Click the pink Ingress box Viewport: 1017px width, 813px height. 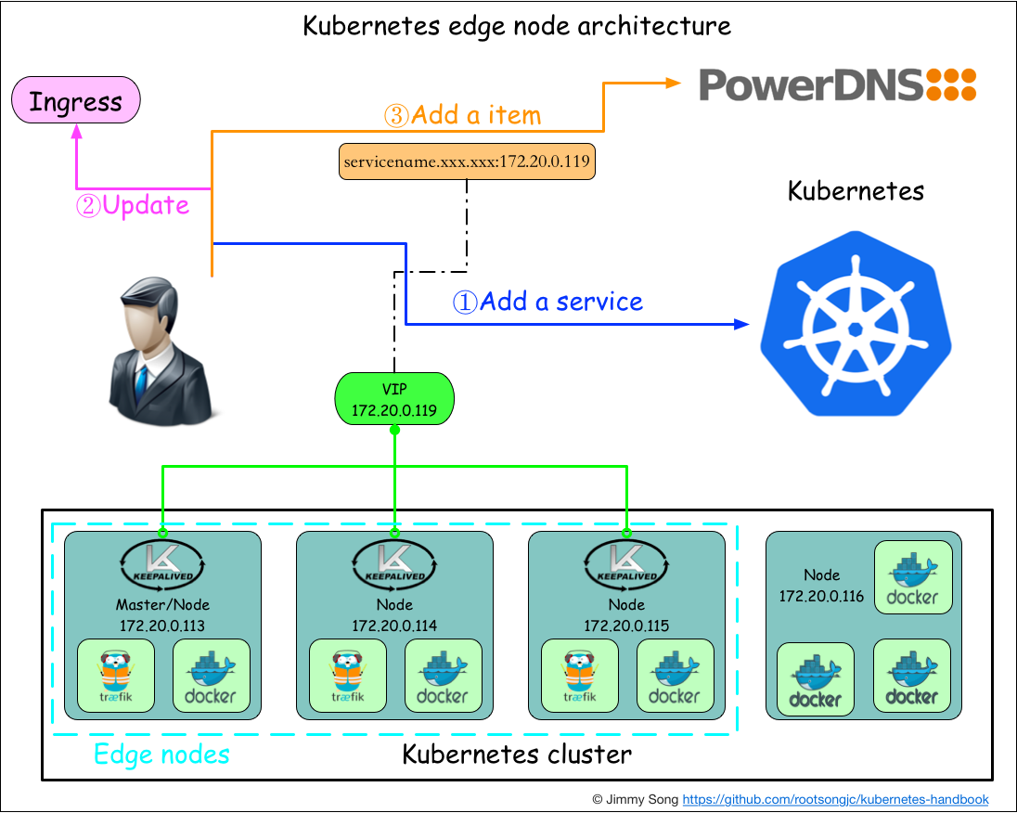tap(75, 100)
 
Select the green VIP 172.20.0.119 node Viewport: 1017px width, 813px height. tap(394, 399)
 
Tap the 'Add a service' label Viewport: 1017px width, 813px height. tap(547, 302)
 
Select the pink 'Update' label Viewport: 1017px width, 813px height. tap(133, 205)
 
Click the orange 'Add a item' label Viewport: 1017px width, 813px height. tap(462, 116)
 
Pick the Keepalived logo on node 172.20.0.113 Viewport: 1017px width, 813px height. tap(162, 563)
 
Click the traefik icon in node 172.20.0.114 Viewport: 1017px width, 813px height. tap(348, 676)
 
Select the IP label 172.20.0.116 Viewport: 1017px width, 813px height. tap(821, 596)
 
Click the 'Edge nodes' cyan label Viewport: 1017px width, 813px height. tap(161, 755)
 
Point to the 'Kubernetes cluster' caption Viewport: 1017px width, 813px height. tap(517, 755)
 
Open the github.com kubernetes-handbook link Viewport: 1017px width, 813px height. tap(835, 799)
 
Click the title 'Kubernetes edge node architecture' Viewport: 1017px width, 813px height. tap(517, 25)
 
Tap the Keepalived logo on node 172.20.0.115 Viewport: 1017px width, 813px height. tap(626, 563)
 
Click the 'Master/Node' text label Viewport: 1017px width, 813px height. tap(162, 606)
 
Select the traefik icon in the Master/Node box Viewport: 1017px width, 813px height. tap(116, 676)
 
